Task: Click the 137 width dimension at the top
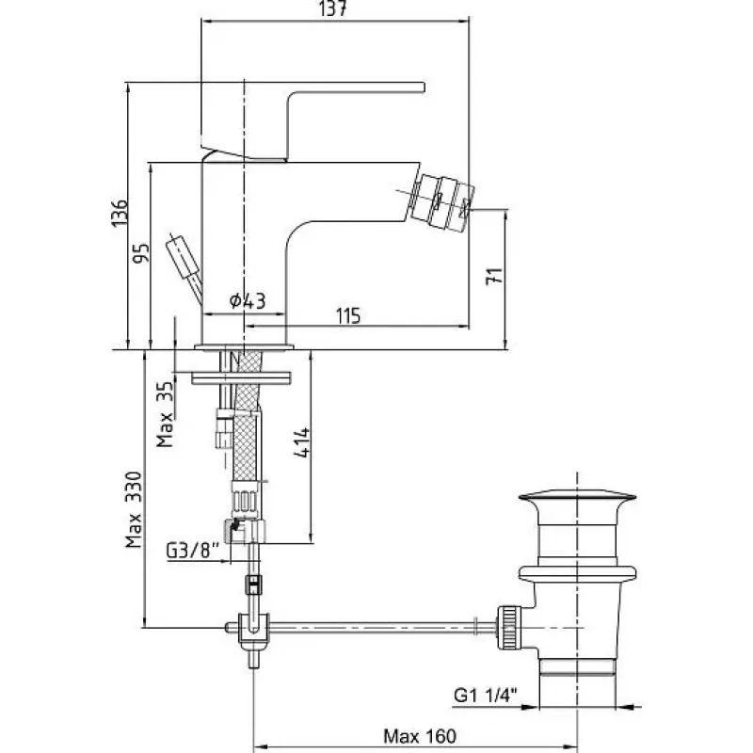[x=332, y=8]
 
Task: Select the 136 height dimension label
[x=120, y=213]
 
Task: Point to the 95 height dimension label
[x=141, y=253]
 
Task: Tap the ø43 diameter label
[x=248, y=300]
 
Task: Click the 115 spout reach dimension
[x=348, y=316]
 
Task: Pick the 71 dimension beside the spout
[x=494, y=276]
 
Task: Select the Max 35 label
[x=165, y=414]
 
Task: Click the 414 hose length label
[x=302, y=442]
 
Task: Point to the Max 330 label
[x=134, y=510]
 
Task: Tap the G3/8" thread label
[x=193, y=551]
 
